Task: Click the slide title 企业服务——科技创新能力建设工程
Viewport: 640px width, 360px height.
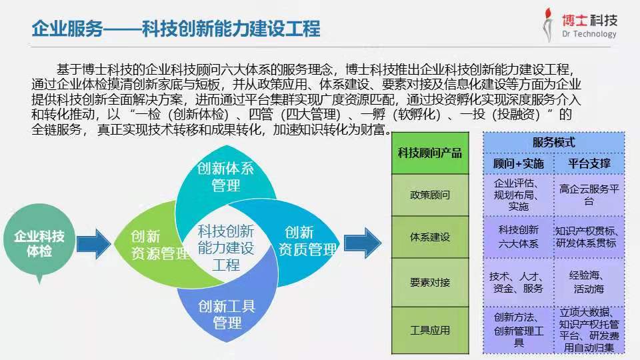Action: pyautogui.click(x=176, y=28)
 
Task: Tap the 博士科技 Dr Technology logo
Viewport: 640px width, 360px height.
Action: pyautogui.click(x=580, y=25)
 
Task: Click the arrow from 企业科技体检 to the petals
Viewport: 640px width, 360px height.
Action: pyautogui.click(x=94, y=244)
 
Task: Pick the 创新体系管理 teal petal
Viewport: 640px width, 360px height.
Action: pyautogui.click(x=225, y=175)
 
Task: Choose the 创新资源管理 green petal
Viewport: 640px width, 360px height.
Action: pyautogui.click(x=151, y=245)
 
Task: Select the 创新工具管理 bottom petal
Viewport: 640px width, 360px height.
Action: pyautogui.click(x=227, y=312)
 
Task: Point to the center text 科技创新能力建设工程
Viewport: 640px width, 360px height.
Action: pyautogui.click(x=226, y=248)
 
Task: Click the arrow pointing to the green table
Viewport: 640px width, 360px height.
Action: pyautogui.click(x=363, y=243)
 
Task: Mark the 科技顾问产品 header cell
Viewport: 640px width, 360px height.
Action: pyautogui.click(x=430, y=153)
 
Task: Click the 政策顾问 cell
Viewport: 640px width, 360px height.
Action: pyautogui.click(x=430, y=195)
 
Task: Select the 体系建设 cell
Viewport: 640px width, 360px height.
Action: pyautogui.click(x=430, y=237)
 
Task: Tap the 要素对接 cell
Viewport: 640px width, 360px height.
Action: pyautogui.click(x=430, y=282)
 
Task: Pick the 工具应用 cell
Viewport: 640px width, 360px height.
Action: pyautogui.click(x=430, y=330)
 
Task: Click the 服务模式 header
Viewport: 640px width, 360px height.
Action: pyautogui.click(x=554, y=143)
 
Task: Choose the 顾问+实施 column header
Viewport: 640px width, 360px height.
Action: pyautogui.click(x=519, y=164)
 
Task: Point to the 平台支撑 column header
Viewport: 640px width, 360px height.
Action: pyautogui.click(x=589, y=164)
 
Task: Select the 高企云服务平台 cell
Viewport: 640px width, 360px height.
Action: pyautogui.click(x=589, y=195)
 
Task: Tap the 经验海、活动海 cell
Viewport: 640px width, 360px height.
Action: pyautogui.click(x=589, y=282)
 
